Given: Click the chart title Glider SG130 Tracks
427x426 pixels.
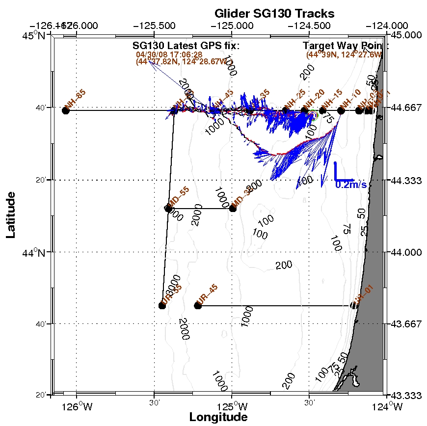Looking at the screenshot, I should click(274, 13).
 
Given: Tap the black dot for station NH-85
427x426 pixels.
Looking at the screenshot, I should click(66, 110).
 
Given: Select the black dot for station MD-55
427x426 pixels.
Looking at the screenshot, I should click(169, 209).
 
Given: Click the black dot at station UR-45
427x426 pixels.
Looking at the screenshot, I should click(198, 305).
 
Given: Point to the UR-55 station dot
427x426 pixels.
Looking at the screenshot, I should click(162, 305).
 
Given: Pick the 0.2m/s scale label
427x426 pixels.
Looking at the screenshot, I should click(351, 185).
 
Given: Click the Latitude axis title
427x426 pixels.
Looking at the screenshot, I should click(11, 215).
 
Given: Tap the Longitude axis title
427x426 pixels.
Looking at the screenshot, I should click(218, 417).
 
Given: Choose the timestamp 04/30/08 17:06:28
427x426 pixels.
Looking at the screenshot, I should click(169, 54).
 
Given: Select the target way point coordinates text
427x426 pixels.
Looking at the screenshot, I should click(344, 54).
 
